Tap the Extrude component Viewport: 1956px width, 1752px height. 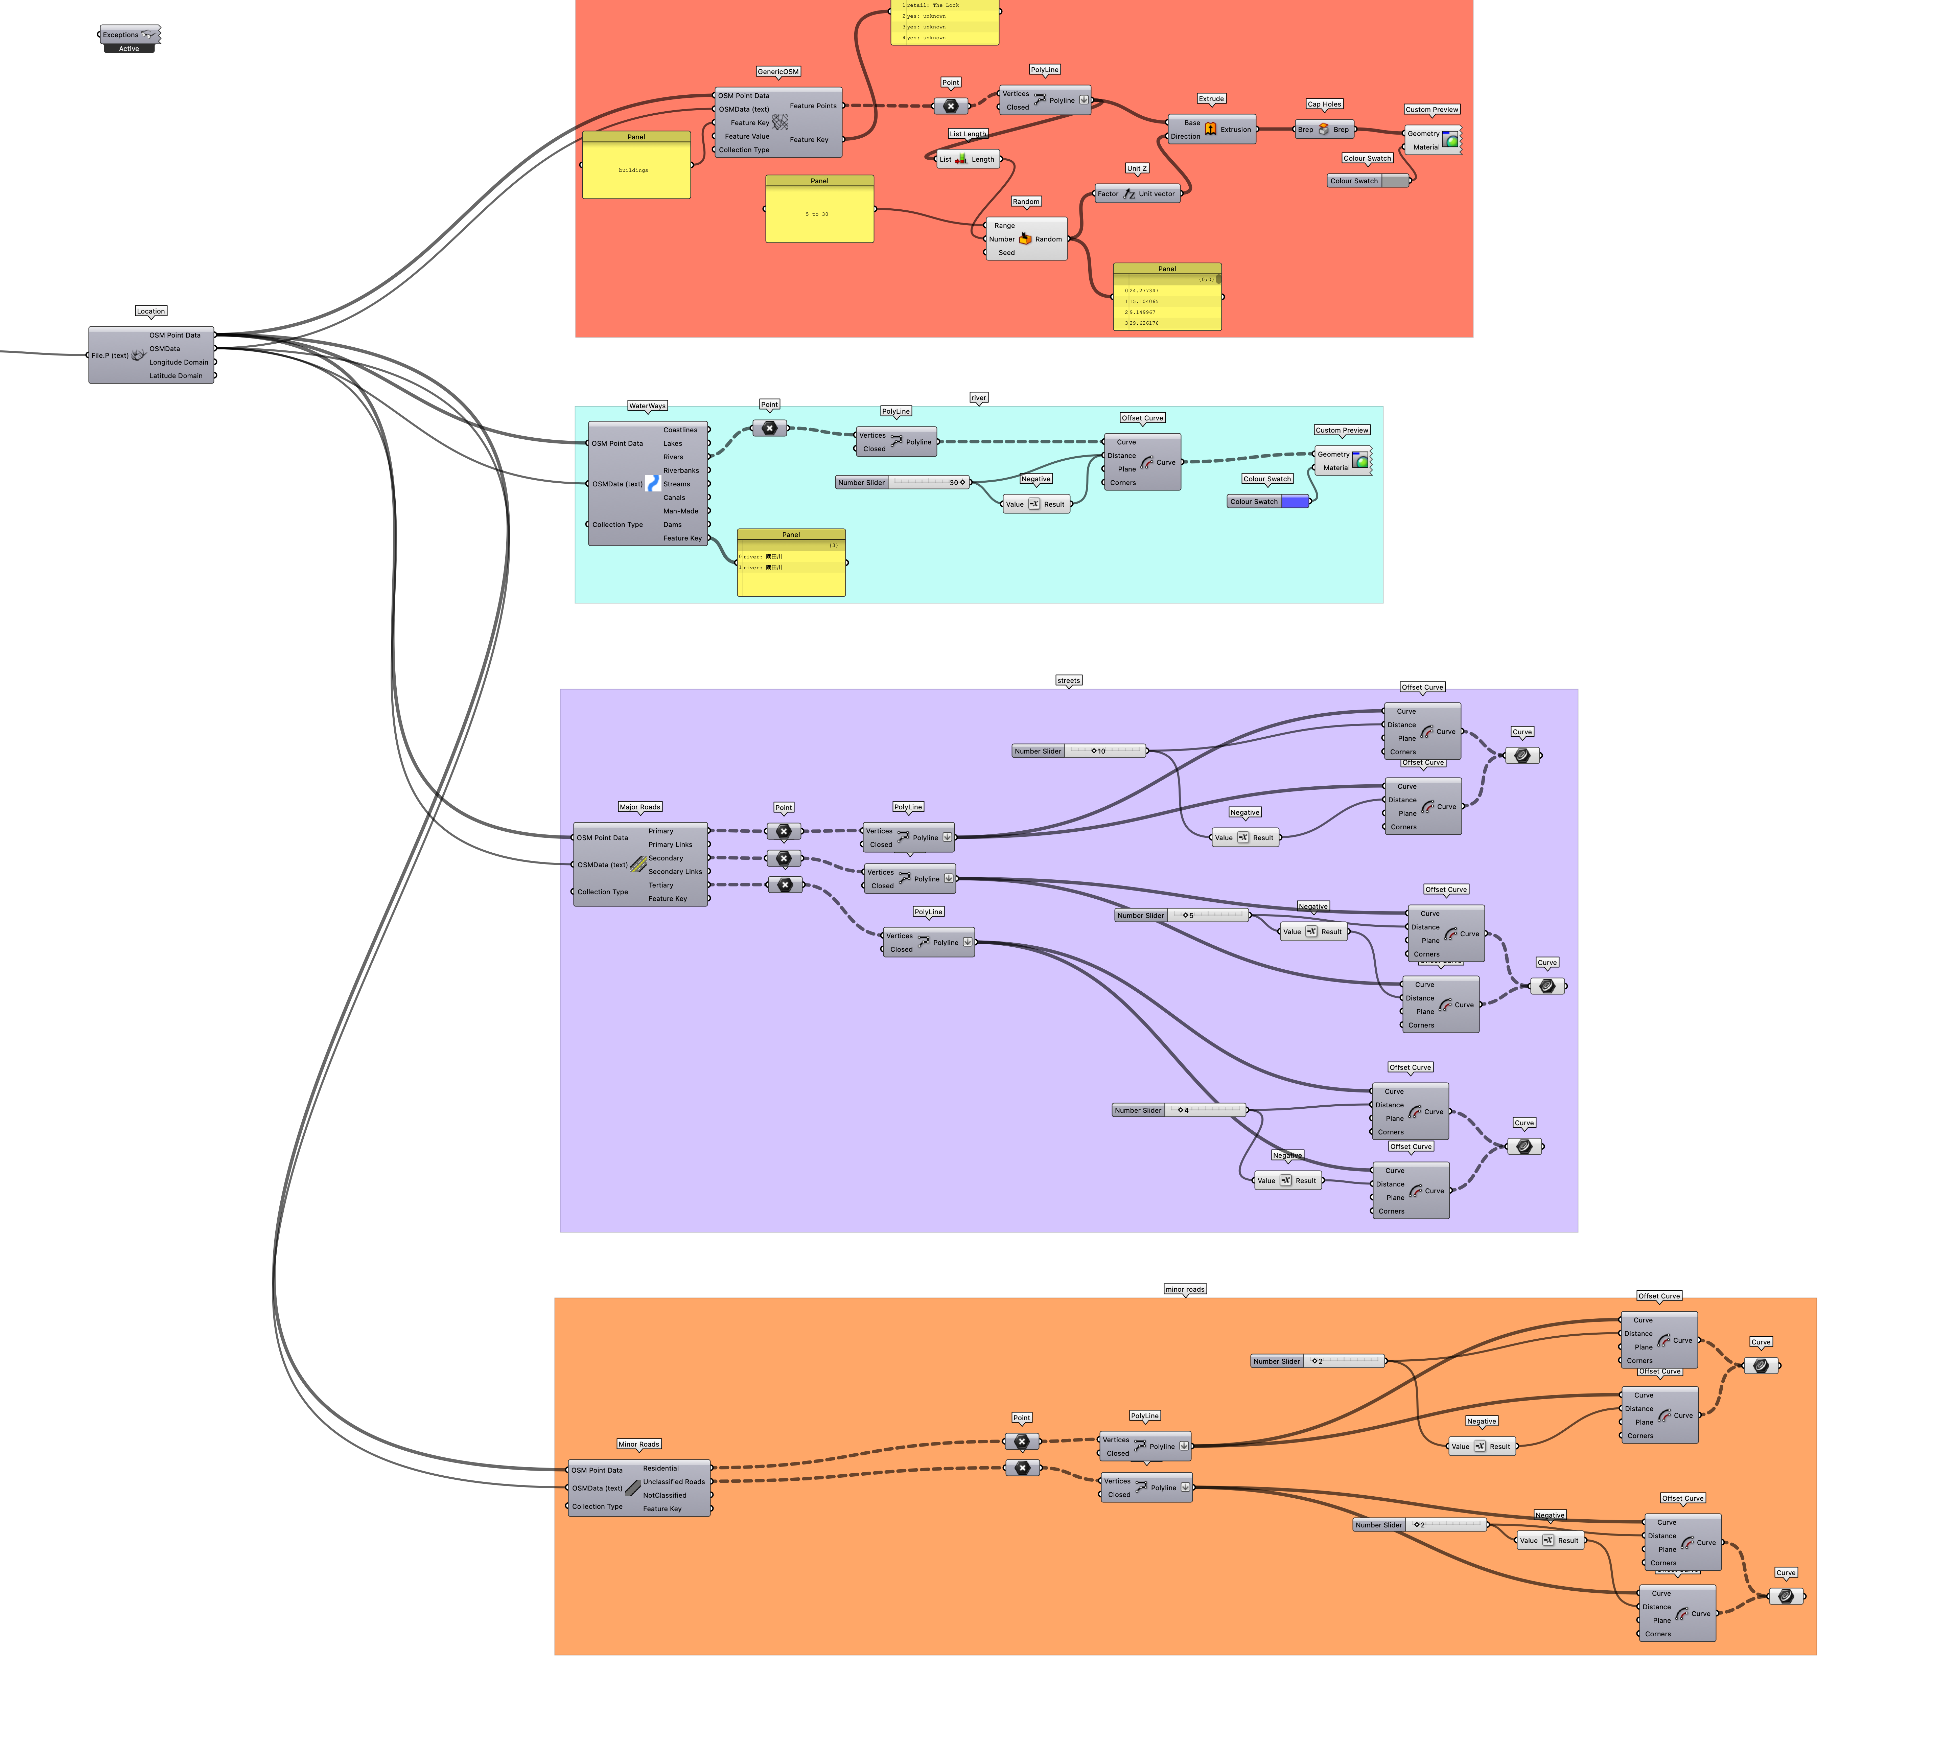click(1211, 129)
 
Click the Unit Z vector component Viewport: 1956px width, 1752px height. click(1137, 193)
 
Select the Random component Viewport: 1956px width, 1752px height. click(1026, 239)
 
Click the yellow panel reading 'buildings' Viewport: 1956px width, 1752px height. click(636, 170)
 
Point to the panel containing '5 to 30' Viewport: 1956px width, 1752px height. click(819, 214)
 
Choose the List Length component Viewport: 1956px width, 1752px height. click(968, 159)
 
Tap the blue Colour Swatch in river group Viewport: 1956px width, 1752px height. click(1294, 502)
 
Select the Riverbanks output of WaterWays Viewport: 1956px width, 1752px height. click(680, 471)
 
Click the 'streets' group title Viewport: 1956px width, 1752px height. click(1069, 681)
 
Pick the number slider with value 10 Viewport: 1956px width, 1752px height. click(1079, 751)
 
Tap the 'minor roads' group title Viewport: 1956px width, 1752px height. click(1184, 1289)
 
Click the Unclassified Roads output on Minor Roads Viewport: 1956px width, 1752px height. click(674, 1481)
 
